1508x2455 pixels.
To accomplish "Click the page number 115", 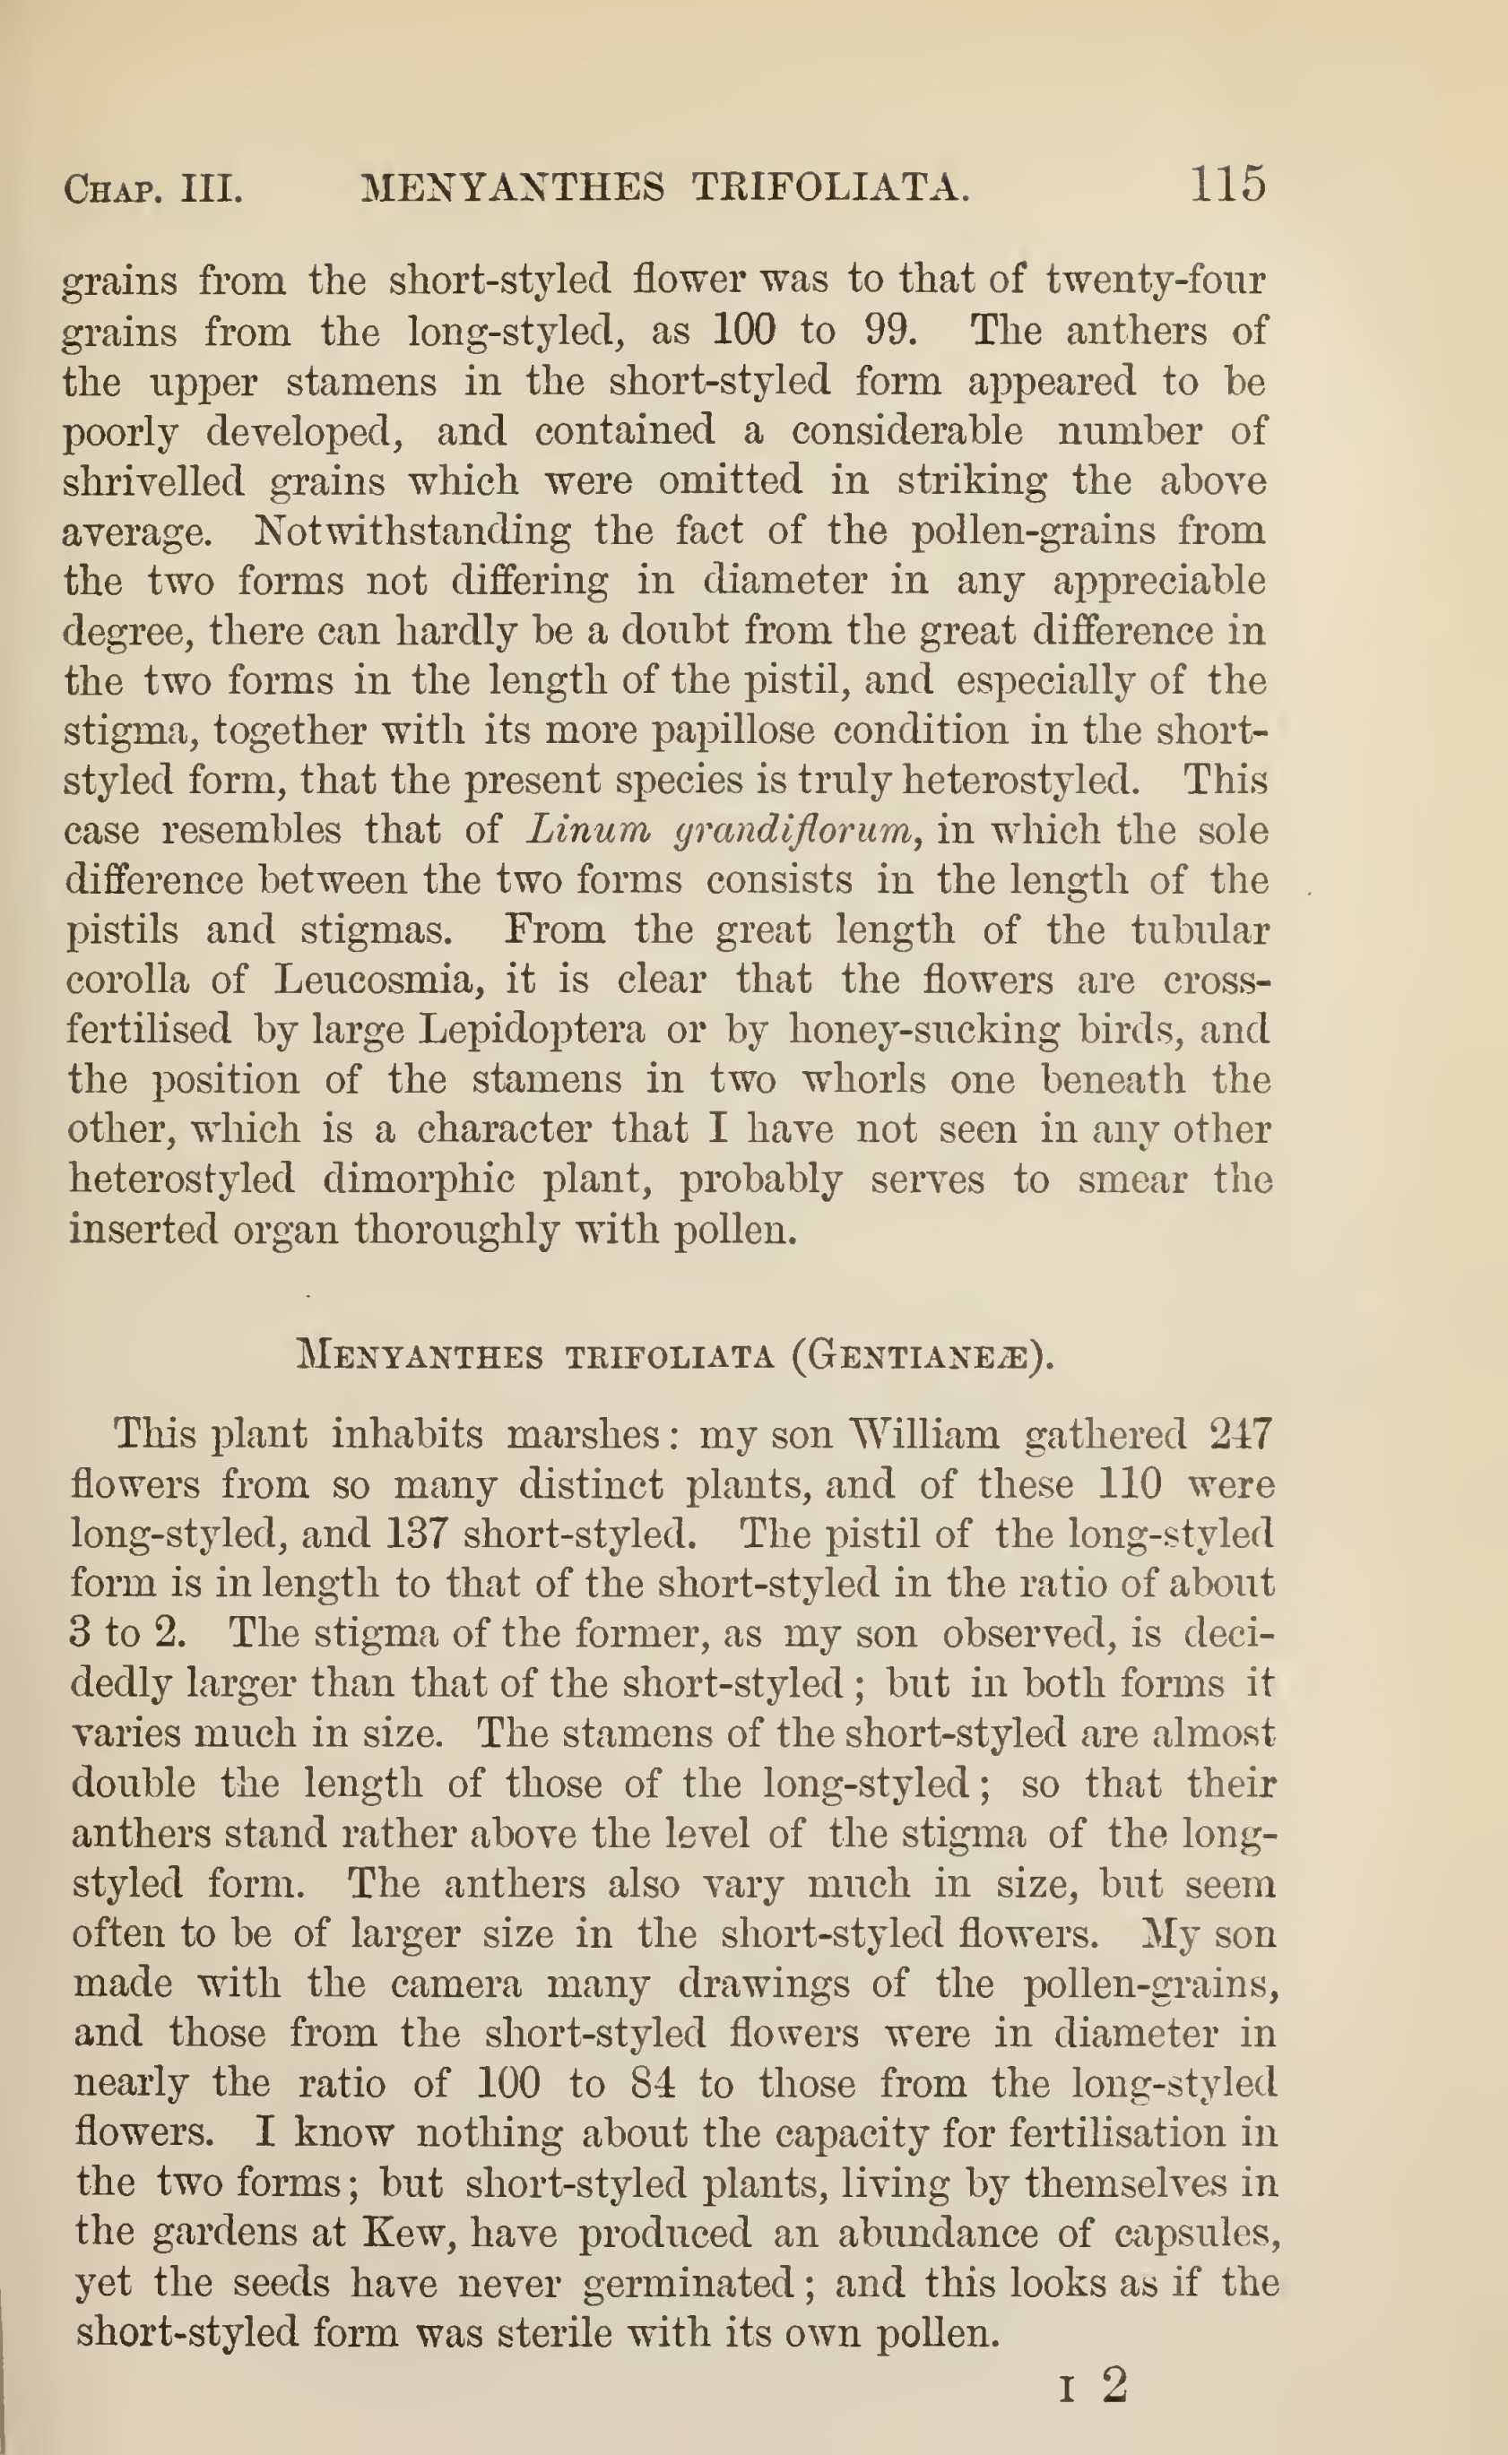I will (1227, 185).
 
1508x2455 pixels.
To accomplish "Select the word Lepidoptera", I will (531, 1030).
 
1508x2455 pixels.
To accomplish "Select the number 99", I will (889, 330).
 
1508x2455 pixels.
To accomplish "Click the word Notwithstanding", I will (411, 531).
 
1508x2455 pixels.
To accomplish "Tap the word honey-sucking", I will (923, 1030).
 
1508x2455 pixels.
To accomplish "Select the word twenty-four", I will (1155, 281).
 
